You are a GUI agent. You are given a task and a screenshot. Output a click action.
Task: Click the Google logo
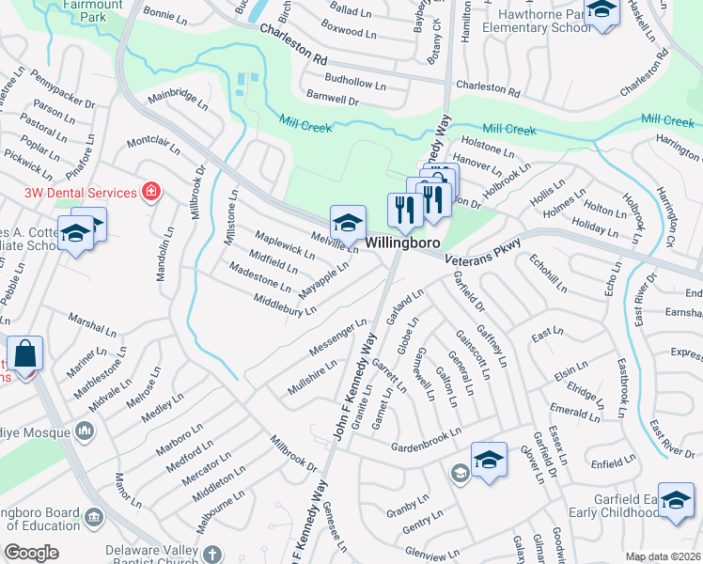31,553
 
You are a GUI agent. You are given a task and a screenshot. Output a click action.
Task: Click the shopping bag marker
26,355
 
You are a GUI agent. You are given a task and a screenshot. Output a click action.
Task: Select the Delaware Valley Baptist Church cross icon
212,554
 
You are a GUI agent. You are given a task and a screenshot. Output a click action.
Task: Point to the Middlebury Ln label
285,305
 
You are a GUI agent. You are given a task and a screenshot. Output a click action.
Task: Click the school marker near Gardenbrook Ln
489,461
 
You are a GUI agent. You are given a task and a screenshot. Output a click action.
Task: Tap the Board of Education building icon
94,516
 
